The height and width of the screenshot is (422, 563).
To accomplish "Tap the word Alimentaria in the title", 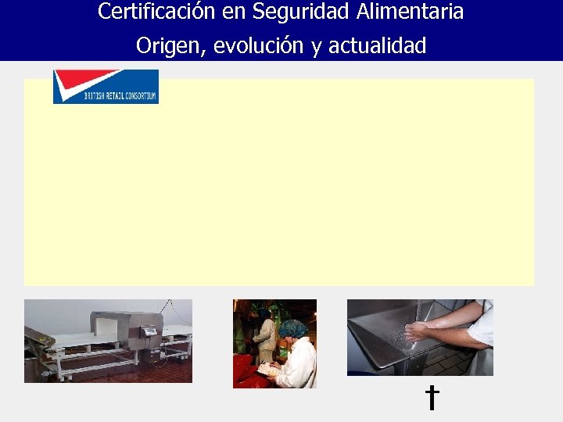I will (x=411, y=12).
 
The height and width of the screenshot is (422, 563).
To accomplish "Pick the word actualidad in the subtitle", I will (x=377, y=46).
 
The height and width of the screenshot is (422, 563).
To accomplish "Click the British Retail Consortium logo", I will (x=106, y=86).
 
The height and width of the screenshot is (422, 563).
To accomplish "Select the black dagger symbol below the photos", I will (x=431, y=398).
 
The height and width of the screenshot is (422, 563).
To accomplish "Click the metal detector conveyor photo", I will (x=108, y=341).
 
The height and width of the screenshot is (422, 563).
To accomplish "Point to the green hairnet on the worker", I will (x=293, y=328).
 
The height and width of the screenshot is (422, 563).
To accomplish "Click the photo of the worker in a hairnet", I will (x=274, y=343).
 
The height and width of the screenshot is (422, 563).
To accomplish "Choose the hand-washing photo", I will (x=420, y=337).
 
